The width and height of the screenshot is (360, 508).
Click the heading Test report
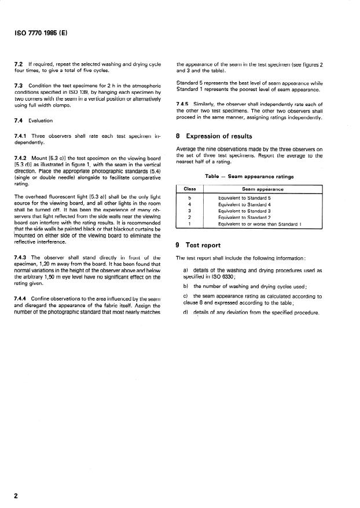(204, 244)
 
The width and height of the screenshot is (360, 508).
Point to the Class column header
(190, 189)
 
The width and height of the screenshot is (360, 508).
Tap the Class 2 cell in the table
(190, 217)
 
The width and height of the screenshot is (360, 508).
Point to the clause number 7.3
(18, 86)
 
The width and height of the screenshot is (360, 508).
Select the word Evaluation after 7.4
(41, 120)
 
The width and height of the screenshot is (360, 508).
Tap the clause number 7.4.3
(21, 257)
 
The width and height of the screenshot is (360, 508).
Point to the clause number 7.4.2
(21, 158)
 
